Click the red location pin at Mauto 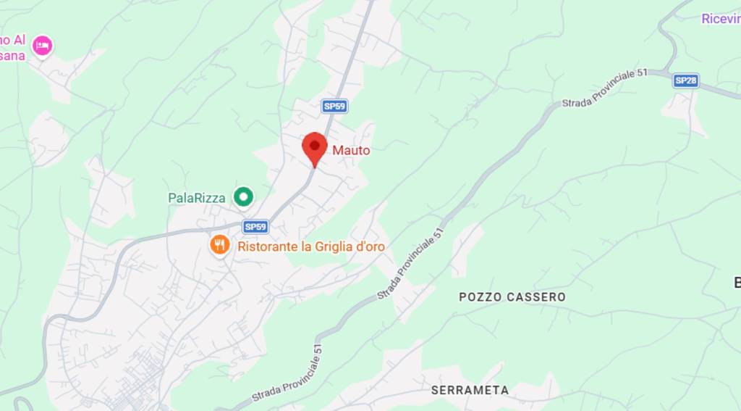(314, 147)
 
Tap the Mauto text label (351, 151)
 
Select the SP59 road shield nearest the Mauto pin (335, 107)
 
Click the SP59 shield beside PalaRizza (255, 227)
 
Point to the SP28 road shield (685, 80)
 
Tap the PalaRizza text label (197, 197)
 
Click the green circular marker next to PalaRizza (244, 196)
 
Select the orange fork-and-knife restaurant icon (220, 245)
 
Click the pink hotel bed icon (43, 45)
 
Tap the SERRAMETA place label (470, 390)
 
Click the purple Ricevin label (721, 19)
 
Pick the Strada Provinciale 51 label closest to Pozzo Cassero (410, 265)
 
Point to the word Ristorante (268, 246)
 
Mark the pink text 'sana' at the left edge (12, 56)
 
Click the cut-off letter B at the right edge (737, 283)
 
